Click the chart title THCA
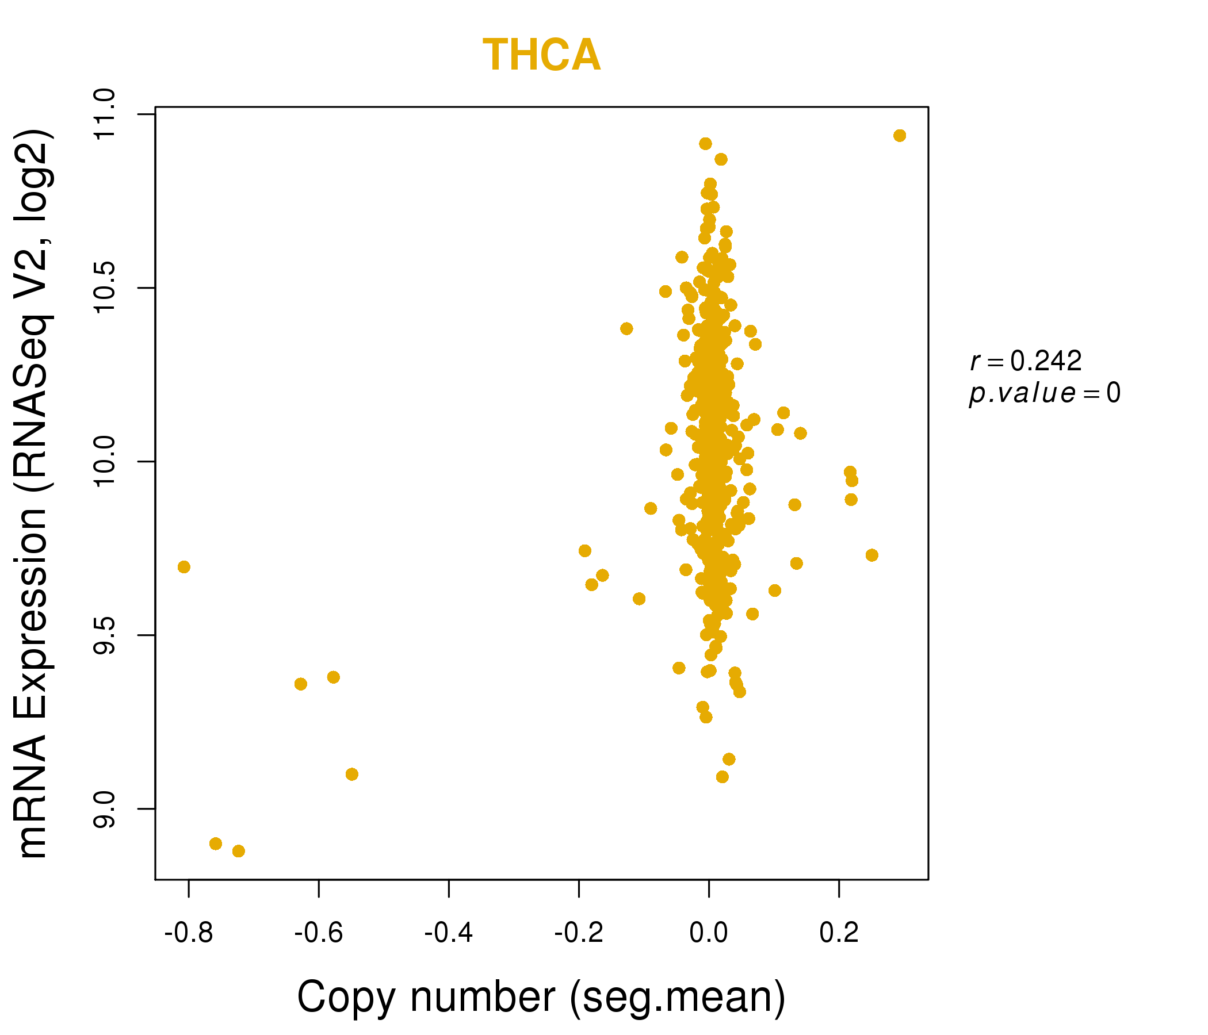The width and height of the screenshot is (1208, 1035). tap(542, 55)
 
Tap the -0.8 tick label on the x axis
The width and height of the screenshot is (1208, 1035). tap(189, 933)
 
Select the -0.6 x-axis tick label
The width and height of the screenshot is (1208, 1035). tap(318, 933)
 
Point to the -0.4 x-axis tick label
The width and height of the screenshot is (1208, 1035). tap(448, 933)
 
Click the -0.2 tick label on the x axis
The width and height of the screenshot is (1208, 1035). tap(578, 933)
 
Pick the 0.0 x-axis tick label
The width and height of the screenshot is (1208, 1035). tap(708, 933)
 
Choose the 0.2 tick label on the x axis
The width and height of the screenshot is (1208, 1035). tap(839, 933)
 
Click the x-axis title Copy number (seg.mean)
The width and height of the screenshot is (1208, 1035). tap(542, 997)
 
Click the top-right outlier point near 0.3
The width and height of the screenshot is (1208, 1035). tap(900, 136)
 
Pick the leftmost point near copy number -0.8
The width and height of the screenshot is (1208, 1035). tap(184, 567)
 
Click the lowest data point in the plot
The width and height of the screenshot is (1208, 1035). tap(239, 852)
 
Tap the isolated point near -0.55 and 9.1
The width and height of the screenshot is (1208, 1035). tap(351, 775)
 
